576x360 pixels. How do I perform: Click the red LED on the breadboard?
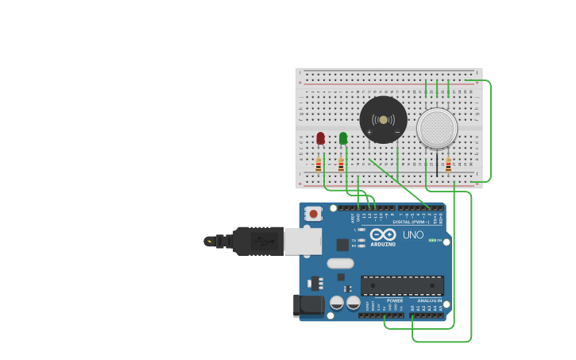point(320,138)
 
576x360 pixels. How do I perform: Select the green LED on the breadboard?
point(343,138)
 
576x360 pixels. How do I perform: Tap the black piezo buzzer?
point(383,120)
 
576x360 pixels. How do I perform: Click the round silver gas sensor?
point(437,128)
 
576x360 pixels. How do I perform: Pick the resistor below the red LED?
point(319,165)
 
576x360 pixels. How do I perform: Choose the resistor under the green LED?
point(341,165)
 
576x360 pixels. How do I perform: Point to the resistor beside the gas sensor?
point(448,165)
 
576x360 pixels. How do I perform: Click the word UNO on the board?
point(413,235)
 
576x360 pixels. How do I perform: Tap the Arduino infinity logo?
point(382,235)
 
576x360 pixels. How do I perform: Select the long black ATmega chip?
point(402,285)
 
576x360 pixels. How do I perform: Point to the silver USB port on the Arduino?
point(303,241)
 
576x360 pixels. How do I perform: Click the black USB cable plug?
point(257,241)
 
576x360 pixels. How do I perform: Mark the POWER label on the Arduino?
point(395,301)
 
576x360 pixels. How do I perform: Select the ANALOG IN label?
point(430,301)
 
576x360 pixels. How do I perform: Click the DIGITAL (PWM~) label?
point(411,222)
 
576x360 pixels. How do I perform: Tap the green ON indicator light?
point(431,240)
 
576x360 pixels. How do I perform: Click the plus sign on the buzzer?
point(369,132)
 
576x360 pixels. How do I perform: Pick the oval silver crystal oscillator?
point(339,263)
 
